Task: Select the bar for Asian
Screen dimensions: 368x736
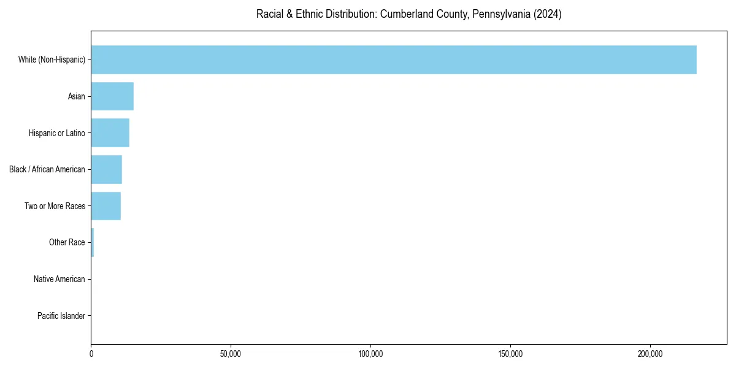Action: [112, 96]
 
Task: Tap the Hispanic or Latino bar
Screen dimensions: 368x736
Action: [110, 133]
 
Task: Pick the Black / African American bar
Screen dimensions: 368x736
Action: [107, 169]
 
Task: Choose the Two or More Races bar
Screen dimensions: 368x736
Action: [106, 206]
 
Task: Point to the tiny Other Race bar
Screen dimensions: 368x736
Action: [93, 242]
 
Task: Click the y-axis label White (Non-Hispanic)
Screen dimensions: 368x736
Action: [52, 59]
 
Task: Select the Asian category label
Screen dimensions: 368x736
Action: [77, 96]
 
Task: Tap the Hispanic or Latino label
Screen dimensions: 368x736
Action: [57, 133]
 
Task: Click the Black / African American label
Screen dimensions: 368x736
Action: [47, 169]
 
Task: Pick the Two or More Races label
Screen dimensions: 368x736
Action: [55, 206]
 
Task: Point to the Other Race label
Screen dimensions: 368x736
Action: [67, 242]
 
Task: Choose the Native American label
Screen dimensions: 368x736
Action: [59, 279]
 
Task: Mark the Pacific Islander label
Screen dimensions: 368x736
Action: [61, 316]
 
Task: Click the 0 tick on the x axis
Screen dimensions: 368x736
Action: [91, 354]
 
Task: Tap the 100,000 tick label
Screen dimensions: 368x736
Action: [370, 354]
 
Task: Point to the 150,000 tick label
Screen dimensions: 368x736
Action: [510, 354]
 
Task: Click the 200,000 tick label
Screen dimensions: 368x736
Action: [650, 354]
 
